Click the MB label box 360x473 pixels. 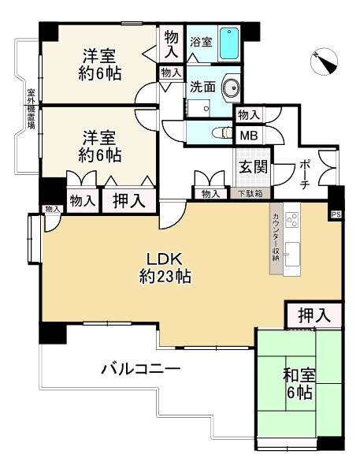248,135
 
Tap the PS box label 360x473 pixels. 336,213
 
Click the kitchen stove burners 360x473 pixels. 291,218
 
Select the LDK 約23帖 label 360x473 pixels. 166,267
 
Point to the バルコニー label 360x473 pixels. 140,369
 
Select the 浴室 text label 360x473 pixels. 201,43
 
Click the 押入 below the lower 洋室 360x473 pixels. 128,200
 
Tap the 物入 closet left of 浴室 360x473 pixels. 171,43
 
